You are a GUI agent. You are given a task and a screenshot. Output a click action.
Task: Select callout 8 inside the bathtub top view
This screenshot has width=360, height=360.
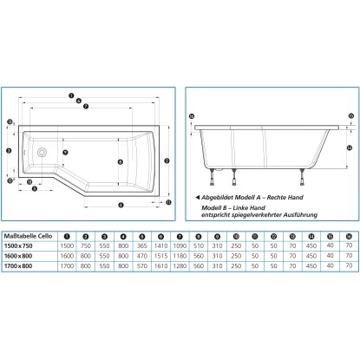click(120, 161)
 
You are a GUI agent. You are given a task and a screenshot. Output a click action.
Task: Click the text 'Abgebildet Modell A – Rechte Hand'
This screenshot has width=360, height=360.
click(249, 197)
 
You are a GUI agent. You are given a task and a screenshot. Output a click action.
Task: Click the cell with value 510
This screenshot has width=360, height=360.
click(199, 247)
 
